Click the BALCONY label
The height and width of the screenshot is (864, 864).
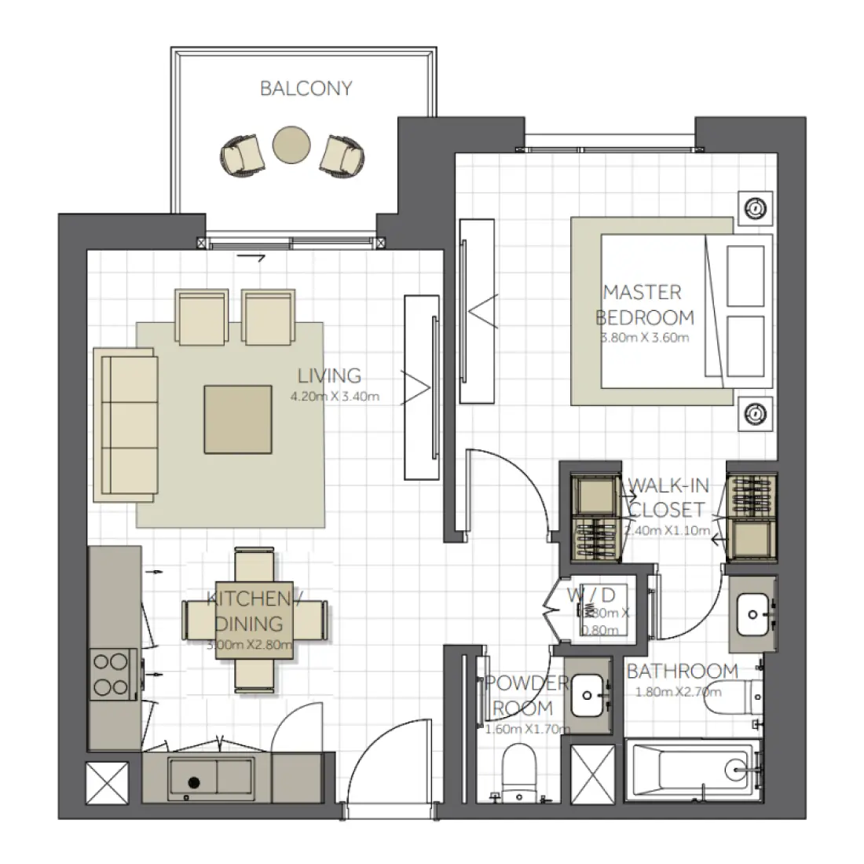(x=306, y=88)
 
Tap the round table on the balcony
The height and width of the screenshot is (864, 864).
(x=292, y=145)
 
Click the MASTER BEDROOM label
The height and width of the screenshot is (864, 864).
(x=644, y=305)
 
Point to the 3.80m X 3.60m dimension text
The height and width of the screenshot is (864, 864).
(x=644, y=339)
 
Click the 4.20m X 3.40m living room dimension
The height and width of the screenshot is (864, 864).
(x=335, y=397)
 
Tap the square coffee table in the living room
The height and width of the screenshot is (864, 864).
(x=239, y=419)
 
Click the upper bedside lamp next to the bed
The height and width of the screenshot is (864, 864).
(x=755, y=208)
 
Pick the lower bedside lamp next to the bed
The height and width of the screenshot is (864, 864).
(x=755, y=412)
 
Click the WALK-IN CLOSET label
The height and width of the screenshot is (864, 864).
(x=667, y=497)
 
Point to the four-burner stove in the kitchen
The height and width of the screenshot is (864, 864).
(x=111, y=675)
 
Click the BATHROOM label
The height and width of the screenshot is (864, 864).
(x=682, y=672)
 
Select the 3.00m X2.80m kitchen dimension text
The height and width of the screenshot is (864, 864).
(x=250, y=646)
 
